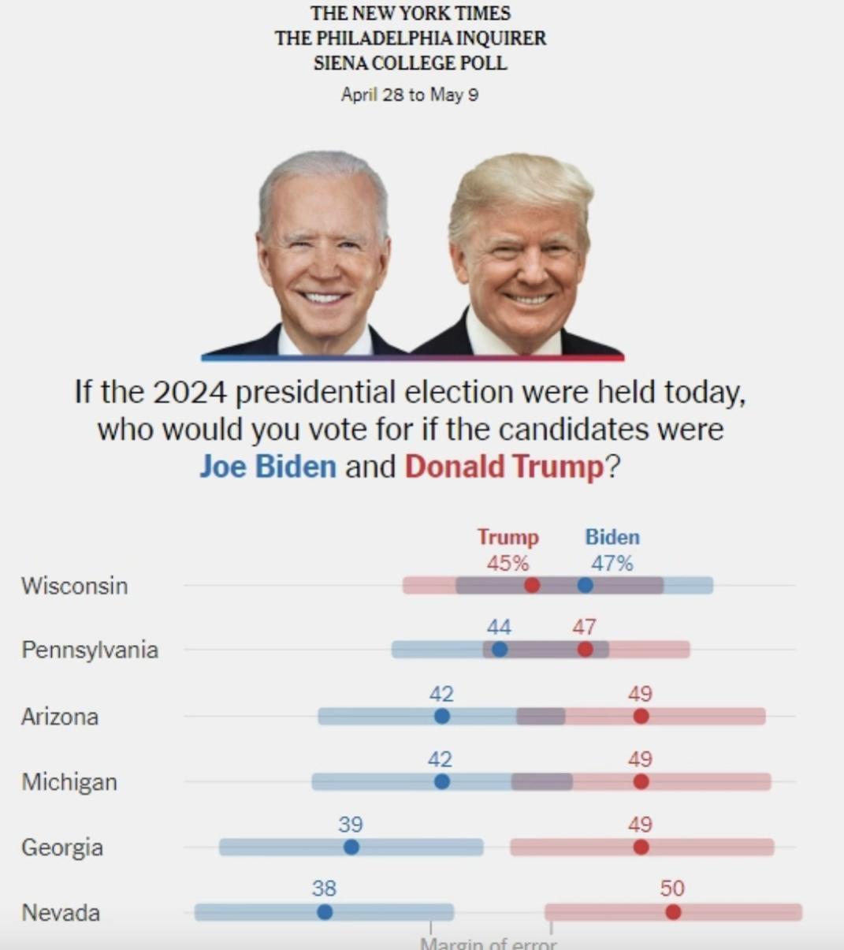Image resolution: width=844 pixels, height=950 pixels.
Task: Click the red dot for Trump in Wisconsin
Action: [532, 585]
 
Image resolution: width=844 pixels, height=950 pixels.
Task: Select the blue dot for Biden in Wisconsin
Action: [585, 585]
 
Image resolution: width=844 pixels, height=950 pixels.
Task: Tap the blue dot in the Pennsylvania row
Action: [500, 650]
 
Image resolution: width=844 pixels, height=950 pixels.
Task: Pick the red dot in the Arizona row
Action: [641, 716]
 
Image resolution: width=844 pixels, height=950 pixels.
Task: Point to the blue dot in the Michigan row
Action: [442, 781]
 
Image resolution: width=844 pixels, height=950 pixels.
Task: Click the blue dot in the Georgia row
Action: [351, 847]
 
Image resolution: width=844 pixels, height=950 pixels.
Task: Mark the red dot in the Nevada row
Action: [673, 912]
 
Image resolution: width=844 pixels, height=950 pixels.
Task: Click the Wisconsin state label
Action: [74, 586]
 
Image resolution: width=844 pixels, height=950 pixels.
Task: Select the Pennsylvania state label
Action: [90, 650]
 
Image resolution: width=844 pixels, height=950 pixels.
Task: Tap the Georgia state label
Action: [62, 848]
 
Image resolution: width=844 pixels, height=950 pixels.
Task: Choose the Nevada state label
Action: [61, 913]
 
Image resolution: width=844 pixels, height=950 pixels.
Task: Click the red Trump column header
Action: [508, 537]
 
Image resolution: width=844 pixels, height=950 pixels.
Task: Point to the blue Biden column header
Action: [612, 537]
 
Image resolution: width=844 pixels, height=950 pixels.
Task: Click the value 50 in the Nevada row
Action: [672, 889]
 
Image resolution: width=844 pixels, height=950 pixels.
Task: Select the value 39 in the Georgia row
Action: [351, 824]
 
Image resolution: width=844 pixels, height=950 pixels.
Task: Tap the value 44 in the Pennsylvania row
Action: [499, 627]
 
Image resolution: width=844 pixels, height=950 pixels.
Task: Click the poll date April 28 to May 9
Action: [410, 95]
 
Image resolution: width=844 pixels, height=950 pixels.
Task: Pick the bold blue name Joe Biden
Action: [267, 466]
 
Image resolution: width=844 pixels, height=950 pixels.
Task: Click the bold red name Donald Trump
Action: [504, 466]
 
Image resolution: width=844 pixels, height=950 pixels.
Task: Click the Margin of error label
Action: [489, 944]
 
